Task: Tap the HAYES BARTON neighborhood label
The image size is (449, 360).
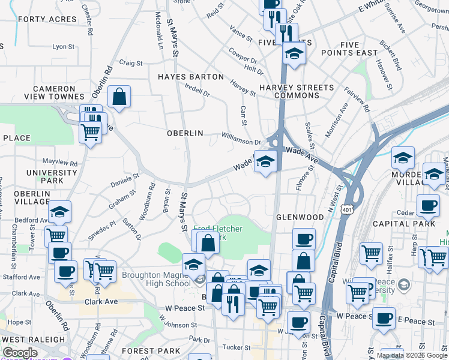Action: [x=190, y=77]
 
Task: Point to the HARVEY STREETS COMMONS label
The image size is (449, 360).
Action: [x=297, y=92]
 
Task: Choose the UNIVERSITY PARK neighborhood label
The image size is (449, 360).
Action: [x=53, y=176]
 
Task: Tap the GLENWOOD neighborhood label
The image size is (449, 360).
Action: [x=300, y=217]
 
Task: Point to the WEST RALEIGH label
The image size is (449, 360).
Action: [x=32, y=339]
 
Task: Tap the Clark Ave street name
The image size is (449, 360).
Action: [x=99, y=302]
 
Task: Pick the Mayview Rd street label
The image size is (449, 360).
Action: [x=60, y=163]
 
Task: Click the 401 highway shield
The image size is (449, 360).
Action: [x=346, y=209]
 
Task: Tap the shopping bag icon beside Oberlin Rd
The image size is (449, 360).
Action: [x=119, y=97]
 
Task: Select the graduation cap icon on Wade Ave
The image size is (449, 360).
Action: [x=265, y=161]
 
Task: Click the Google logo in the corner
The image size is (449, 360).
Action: [x=19, y=353]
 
